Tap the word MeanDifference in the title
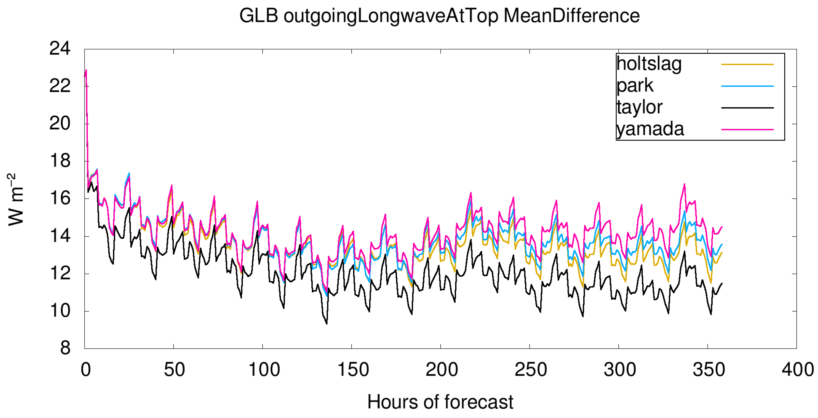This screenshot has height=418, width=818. pyautogui.click(x=571, y=16)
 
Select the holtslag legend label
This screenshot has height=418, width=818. pyautogui.click(x=649, y=64)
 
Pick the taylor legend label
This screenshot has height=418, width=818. pyautogui.click(x=639, y=107)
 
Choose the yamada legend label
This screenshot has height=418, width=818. pyautogui.click(x=650, y=129)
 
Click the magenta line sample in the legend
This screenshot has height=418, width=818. pyautogui.click(x=747, y=130)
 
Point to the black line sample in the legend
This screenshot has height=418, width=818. pyautogui.click(x=747, y=108)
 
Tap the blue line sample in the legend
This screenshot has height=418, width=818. pyautogui.click(x=747, y=86)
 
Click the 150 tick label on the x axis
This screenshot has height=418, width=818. pyautogui.click(x=352, y=369)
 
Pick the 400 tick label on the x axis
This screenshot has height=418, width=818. pyautogui.click(x=797, y=369)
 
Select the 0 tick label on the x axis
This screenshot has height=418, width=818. pyautogui.click(x=86, y=369)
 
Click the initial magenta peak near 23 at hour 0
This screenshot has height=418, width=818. pyautogui.click(x=86, y=70)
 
